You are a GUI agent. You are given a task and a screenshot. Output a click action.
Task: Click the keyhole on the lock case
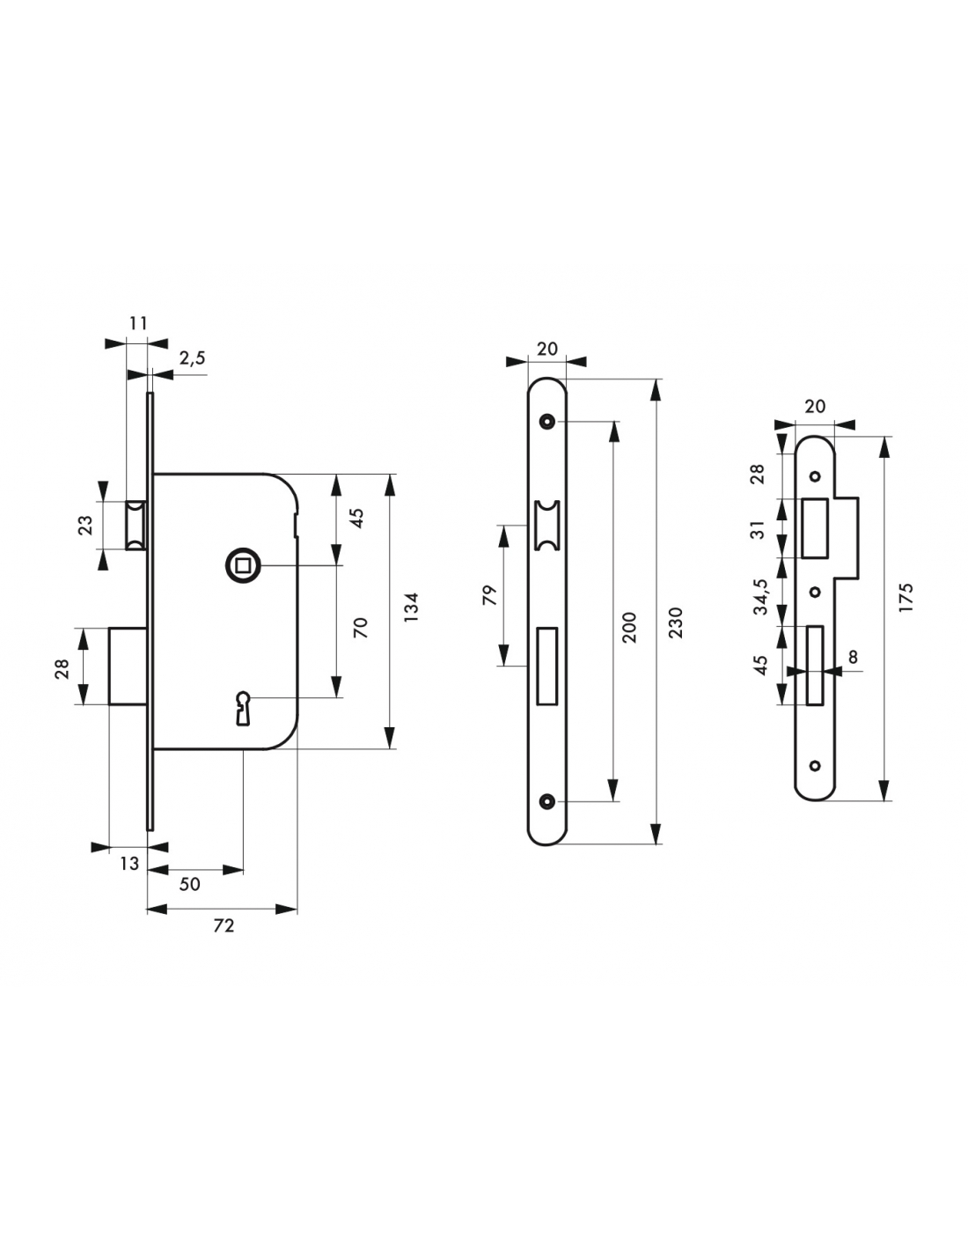[242, 708]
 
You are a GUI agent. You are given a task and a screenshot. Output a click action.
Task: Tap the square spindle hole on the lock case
[242, 566]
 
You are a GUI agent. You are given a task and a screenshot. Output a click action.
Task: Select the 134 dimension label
[411, 607]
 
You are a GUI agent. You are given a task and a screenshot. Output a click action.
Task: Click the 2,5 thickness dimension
[192, 358]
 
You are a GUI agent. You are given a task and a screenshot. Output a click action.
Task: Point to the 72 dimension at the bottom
[224, 925]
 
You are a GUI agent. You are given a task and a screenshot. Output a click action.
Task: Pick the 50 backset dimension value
[189, 884]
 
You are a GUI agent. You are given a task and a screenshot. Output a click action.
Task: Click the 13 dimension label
[129, 864]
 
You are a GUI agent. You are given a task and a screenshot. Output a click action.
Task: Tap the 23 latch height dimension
[85, 526]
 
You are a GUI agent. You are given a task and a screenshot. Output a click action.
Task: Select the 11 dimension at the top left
[138, 323]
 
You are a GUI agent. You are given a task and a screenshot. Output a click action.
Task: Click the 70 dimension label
[360, 628]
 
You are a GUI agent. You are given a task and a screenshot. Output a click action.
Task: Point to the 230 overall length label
[677, 622]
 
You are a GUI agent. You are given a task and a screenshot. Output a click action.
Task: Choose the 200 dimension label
[629, 628]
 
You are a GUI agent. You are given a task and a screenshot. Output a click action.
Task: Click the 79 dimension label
[488, 595]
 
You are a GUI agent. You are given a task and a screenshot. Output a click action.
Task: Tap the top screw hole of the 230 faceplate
[546, 422]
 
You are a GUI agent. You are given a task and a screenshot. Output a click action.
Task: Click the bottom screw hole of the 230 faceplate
[546, 801]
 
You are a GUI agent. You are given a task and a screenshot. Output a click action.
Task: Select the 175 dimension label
[906, 598]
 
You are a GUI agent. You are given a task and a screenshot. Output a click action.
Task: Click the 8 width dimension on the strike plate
[853, 657]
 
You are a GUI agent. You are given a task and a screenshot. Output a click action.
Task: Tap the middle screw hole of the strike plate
[814, 592]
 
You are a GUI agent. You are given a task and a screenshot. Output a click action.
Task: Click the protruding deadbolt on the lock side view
[128, 666]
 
